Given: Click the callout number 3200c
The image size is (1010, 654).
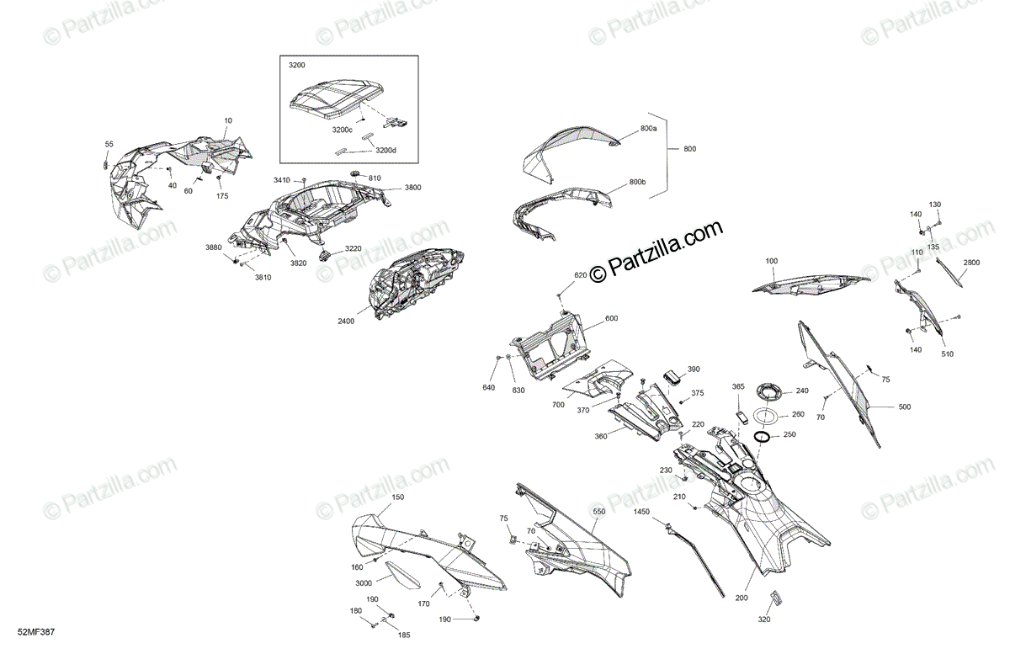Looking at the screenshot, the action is pos(343,130).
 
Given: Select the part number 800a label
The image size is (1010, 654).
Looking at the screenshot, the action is pos(648,128).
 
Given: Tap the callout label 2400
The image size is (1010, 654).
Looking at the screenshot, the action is pos(346,321).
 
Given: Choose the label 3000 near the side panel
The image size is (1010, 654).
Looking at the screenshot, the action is pos(363,583).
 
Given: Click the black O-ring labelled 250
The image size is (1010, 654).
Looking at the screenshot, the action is pos(763,436).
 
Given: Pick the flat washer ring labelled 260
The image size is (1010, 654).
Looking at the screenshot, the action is pos(766,415).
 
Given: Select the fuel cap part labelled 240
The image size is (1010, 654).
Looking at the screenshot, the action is pos(768,391).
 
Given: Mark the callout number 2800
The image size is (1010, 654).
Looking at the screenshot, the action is pos(972,263).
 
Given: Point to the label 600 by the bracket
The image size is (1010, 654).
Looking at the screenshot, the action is pos(611,317).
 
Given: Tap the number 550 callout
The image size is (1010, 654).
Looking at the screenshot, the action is pos(598,511).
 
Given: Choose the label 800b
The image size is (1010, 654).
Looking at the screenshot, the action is pos(637,183).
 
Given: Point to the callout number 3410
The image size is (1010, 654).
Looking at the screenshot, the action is pos(281,181).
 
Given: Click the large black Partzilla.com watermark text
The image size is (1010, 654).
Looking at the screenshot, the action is pos(656,251).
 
